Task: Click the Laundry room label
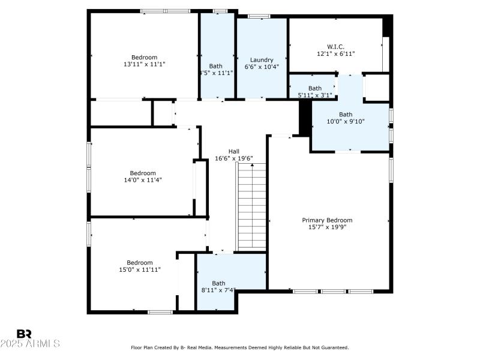(262, 60)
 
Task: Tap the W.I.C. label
(335, 46)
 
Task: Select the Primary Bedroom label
(327, 220)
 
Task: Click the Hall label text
(234, 151)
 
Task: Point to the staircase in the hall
(252, 207)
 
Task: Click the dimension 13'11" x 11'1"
(144, 64)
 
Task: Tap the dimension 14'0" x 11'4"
(143, 179)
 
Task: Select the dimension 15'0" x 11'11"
(140, 269)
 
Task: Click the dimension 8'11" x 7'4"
(218, 290)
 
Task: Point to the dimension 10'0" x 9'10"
(346, 121)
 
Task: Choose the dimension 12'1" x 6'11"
(335, 53)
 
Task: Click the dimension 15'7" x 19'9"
(327, 227)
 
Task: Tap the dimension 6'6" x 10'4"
(262, 67)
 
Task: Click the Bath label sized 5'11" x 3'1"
(315, 88)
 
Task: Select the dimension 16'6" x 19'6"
(234, 158)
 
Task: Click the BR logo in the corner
(24, 333)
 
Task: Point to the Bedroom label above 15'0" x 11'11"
(140, 262)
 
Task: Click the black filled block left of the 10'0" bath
(305, 115)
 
